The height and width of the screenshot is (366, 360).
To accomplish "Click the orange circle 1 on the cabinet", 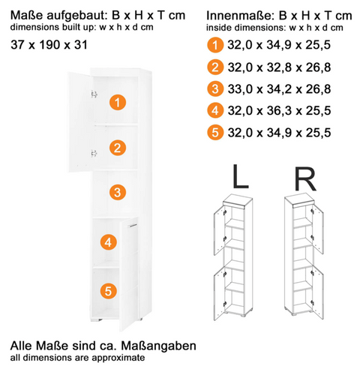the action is [118, 102].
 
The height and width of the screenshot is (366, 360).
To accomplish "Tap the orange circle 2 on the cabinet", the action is [118, 148].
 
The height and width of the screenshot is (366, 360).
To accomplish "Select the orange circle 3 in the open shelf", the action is [118, 192].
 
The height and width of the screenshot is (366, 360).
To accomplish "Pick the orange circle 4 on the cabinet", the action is [108, 242].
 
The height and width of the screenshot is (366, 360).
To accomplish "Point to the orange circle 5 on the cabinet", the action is [108, 291].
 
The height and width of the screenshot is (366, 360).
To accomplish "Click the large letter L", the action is [240, 177].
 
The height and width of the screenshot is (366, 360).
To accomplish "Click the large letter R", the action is [305, 178].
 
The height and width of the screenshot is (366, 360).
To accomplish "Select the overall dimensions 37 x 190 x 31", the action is [49, 45].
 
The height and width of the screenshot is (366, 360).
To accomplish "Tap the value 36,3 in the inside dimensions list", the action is [279, 110].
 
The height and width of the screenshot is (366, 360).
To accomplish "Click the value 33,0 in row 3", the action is [240, 89].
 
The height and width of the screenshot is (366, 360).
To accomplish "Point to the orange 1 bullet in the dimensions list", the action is [215, 45].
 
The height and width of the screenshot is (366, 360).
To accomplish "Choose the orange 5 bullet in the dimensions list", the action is [215, 132].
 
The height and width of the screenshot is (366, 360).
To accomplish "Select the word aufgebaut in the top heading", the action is [77, 16].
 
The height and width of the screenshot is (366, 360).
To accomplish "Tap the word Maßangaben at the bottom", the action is [159, 346].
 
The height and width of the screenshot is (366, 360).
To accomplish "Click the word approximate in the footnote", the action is [118, 358].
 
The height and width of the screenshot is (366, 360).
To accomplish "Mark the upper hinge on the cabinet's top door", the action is [94, 94].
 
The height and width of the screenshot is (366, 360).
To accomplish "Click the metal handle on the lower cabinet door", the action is [132, 226].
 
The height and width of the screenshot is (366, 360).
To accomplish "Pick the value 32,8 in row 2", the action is [279, 67].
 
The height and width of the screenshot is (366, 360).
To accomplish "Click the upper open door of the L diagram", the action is [219, 230].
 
